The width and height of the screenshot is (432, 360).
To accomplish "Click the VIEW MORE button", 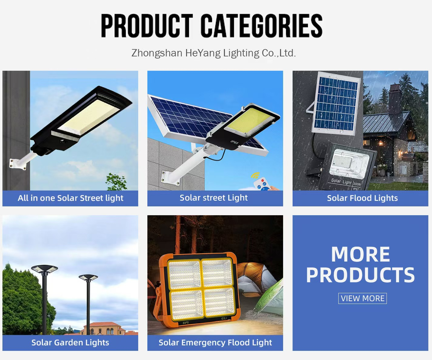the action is point(362,298).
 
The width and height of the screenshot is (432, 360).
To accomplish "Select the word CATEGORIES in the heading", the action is point(261,26).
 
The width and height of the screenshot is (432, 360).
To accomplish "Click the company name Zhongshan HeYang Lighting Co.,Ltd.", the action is point(214,53).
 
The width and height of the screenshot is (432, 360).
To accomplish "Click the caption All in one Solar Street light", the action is point(70,198).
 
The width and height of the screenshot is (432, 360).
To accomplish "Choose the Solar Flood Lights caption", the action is point(362,198).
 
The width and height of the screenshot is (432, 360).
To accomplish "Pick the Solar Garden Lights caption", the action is point(70,343).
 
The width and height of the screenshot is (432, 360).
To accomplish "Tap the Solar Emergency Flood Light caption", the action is point(215,343).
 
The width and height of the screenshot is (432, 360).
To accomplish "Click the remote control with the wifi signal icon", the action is point(261,183).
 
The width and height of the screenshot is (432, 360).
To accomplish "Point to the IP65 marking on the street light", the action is point(235,142).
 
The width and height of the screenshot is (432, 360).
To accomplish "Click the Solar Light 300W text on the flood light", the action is point(346,182).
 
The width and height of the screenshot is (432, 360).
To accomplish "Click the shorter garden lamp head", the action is point(88,277).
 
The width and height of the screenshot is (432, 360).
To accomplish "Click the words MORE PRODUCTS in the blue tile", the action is point(360,265).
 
